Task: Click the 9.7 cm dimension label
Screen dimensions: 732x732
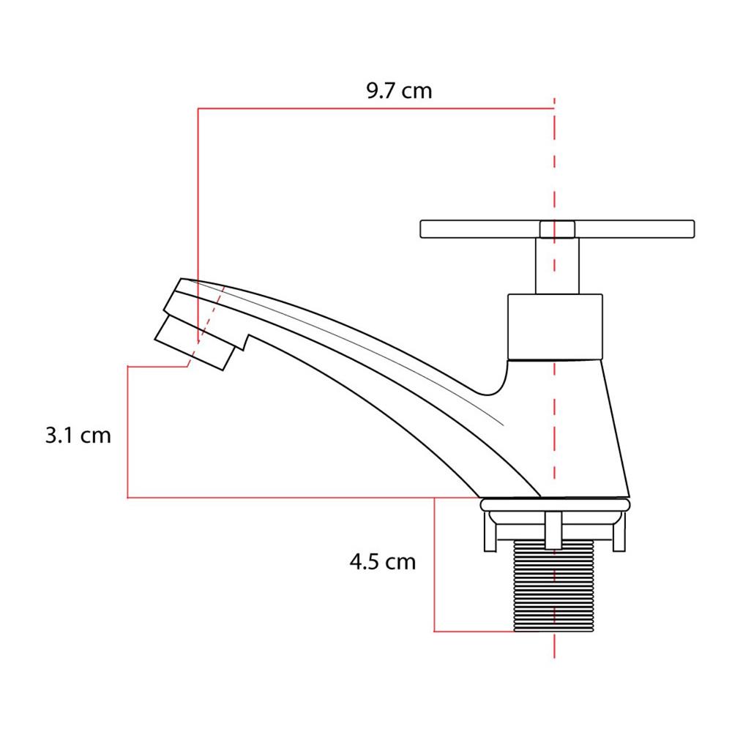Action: [x=399, y=91]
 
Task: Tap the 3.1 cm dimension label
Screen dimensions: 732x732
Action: [x=78, y=435]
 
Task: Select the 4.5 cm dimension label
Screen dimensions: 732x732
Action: [x=382, y=561]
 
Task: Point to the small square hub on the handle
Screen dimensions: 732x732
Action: [x=557, y=229]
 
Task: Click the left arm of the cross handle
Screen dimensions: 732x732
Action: [x=480, y=229]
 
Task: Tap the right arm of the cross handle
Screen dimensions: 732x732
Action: [x=635, y=229]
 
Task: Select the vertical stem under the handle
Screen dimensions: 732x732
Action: [x=557, y=266]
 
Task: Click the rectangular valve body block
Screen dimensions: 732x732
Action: [x=555, y=327]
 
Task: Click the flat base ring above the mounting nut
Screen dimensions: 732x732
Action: [x=555, y=504]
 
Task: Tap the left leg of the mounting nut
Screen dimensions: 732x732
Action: [x=490, y=532]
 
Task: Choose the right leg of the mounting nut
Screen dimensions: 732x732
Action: [x=619, y=532]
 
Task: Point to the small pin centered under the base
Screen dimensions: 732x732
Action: [x=553, y=530]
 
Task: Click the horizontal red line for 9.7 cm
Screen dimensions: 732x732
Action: [x=376, y=108]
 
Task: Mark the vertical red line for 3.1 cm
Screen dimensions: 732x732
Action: [x=127, y=432]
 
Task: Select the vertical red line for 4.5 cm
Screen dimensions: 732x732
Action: [x=434, y=565]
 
